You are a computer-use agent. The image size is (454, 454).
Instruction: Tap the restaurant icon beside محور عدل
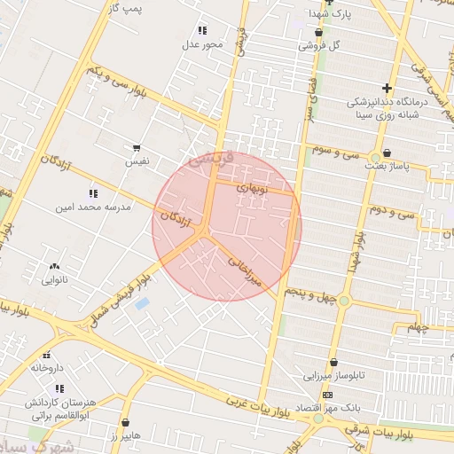[x=202, y=30]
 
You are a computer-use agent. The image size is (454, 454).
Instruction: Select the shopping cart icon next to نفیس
[x=137, y=148]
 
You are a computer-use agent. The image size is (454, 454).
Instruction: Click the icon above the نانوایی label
[x=56, y=265]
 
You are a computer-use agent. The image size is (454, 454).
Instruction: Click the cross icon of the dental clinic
[x=387, y=88]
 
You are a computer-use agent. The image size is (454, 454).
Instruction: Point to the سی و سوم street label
[x=336, y=151]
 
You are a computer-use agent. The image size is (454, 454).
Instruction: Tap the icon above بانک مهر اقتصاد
[x=328, y=395]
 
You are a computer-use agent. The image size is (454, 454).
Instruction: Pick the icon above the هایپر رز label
[x=126, y=422]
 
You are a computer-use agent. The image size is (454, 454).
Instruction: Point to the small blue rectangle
[x=142, y=304]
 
